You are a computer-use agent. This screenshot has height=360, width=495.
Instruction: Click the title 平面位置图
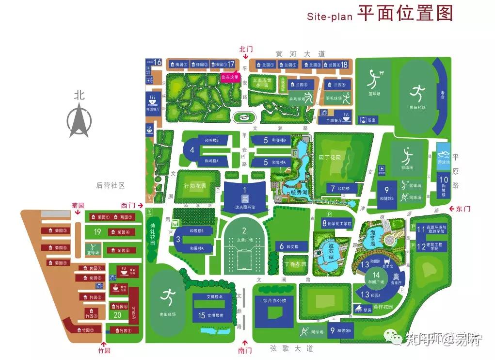pos(405,13)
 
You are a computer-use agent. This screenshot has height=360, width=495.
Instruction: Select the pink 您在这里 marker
pos(230,77)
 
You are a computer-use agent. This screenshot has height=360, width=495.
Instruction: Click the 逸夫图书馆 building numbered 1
pos(245,196)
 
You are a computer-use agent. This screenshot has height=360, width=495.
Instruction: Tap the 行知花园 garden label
pos(195,186)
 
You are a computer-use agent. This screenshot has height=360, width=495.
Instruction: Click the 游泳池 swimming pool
pos(443,152)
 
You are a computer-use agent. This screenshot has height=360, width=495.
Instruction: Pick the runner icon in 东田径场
pos(418,92)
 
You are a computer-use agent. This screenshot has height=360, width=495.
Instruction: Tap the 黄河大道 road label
pos(293,53)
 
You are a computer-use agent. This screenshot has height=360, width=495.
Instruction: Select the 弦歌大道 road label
pos(291,348)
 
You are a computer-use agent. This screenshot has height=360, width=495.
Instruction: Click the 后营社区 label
pos(110,185)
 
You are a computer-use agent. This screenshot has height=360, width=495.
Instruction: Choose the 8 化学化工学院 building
pos(336,224)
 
